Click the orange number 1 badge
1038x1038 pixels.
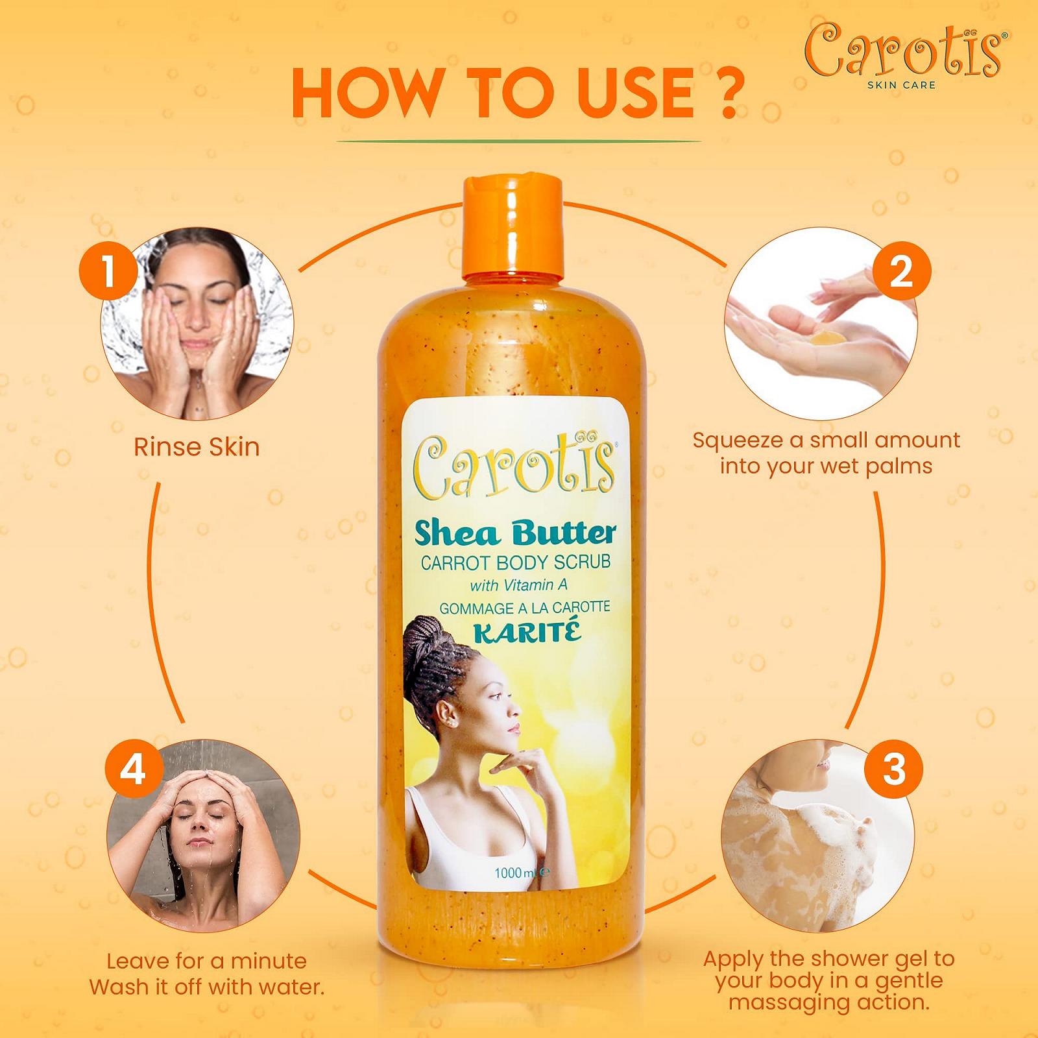(108, 271)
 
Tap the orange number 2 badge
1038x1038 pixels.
(900, 271)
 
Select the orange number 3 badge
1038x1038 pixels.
(893, 770)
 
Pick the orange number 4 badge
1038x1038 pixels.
(132, 770)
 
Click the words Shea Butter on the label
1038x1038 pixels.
(514, 533)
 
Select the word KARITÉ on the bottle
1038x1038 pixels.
(526, 631)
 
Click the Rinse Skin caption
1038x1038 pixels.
(197, 447)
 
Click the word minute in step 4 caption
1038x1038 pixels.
(269, 961)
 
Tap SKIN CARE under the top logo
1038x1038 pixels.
(902, 84)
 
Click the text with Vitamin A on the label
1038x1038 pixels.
(518, 585)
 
